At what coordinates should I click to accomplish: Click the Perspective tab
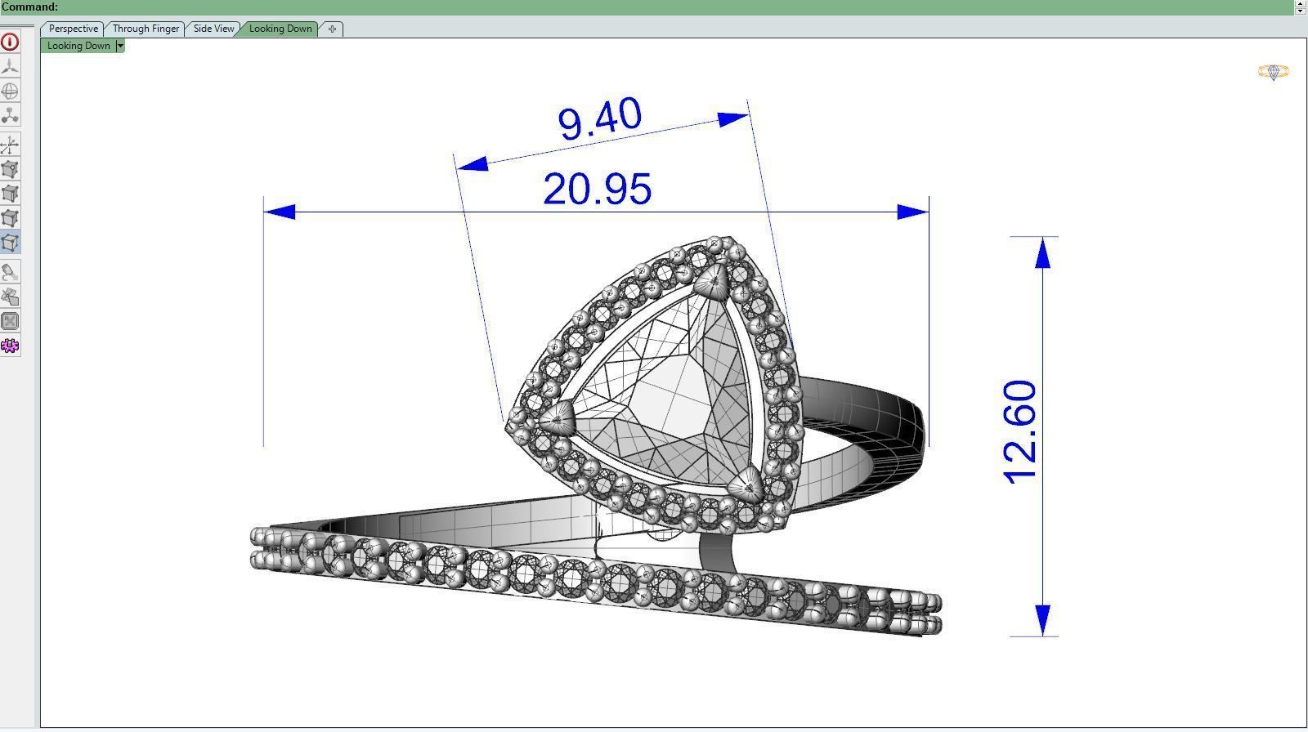[73, 29]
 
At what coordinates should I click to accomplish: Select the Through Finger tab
[146, 29]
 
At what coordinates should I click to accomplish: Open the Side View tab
[213, 29]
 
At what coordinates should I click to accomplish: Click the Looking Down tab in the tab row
[280, 29]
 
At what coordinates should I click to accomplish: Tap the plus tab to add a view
[332, 29]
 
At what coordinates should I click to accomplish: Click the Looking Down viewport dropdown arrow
[120, 46]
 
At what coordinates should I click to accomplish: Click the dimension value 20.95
[597, 190]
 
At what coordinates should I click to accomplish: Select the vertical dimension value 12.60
[1020, 432]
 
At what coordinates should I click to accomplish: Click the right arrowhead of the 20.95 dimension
[912, 212]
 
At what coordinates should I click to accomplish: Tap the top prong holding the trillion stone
[713, 283]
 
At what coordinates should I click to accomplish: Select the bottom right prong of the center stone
[748, 488]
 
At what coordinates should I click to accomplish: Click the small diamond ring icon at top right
[1273, 72]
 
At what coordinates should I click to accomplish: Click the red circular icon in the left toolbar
[10, 42]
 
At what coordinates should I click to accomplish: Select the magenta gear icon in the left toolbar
[10, 346]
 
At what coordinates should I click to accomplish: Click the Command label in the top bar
[29, 7]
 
